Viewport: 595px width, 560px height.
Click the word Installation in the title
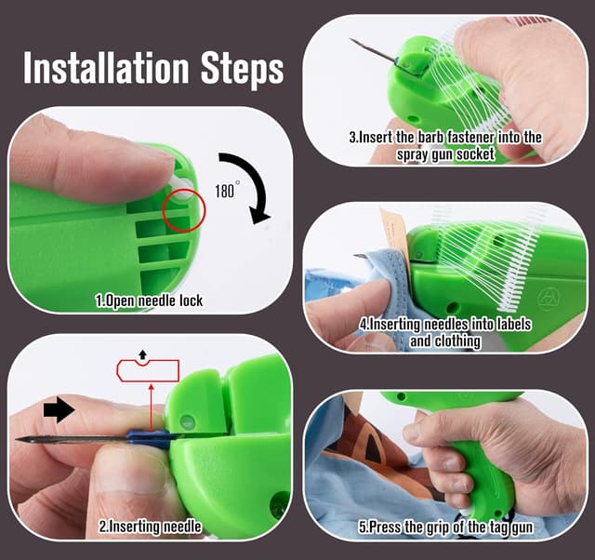pos(106,67)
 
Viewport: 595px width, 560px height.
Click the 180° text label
pos(227,190)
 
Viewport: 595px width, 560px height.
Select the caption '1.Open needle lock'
pos(149,301)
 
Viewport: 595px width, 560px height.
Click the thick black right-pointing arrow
pos(59,410)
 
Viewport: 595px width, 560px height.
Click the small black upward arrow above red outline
pos(142,354)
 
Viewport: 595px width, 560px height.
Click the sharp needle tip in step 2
pos(17,439)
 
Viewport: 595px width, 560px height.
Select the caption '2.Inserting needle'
pos(151,527)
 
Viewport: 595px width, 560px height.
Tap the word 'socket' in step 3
pos(475,154)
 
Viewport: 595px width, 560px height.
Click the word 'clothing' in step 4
pos(457,341)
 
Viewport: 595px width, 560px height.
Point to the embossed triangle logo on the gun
pos(548,297)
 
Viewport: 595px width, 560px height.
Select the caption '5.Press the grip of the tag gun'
pos(445,527)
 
